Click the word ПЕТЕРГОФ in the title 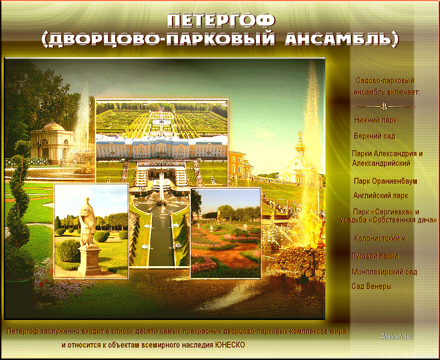click(x=222, y=21)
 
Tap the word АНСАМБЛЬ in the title click(x=342, y=40)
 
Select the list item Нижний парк click(x=376, y=120)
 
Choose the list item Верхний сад click(x=375, y=136)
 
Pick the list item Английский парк click(x=381, y=195)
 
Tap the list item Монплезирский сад click(x=384, y=272)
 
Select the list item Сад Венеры click(x=372, y=286)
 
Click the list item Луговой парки click(x=375, y=256)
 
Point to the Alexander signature click(x=397, y=337)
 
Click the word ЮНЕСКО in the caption click(x=230, y=344)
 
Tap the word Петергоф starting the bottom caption click(x=23, y=331)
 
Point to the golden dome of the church click(x=300, y=146)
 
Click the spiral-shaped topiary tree click(x=19, y=207)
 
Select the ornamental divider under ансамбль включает click(x=384, y=107)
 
